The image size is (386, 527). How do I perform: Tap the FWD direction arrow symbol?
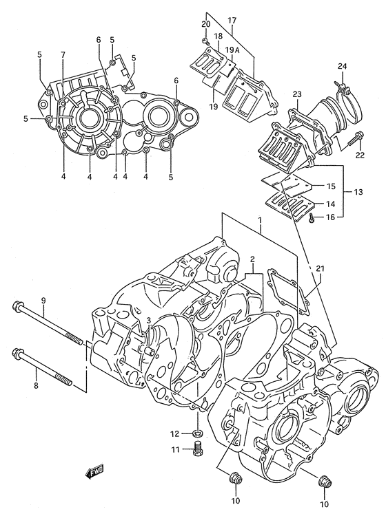tap(94, 472)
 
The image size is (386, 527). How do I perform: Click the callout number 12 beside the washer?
tap(175, 433)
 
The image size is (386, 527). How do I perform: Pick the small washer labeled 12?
tap(196, 433)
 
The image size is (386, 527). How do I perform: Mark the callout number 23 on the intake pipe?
tap(297, 94)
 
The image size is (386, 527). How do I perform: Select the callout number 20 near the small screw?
tap(205, 24)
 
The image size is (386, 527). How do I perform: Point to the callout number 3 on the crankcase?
tap(147, 321)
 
